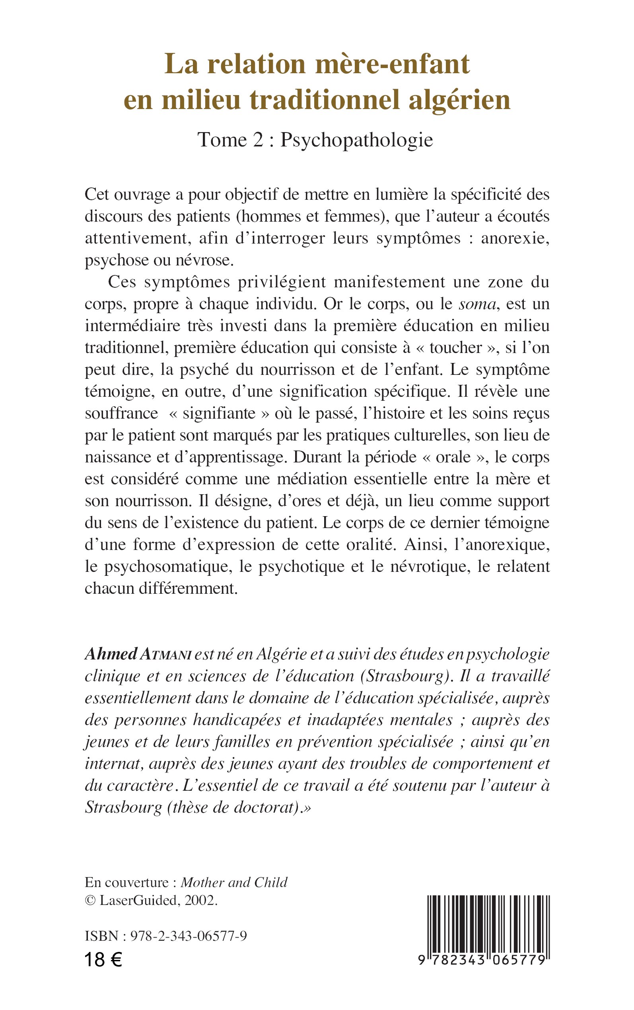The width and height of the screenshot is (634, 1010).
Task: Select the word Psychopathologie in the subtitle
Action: (356, 140)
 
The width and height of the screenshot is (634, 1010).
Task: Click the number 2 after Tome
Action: (257, 140)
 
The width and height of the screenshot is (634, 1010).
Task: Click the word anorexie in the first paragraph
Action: (515, 238)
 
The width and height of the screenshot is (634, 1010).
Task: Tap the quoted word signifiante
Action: (219, 413)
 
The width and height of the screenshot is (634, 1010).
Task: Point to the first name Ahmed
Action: (111, 654)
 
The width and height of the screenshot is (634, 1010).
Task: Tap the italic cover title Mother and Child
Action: (234, 883)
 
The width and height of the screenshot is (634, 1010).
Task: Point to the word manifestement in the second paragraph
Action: (389, 282)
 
